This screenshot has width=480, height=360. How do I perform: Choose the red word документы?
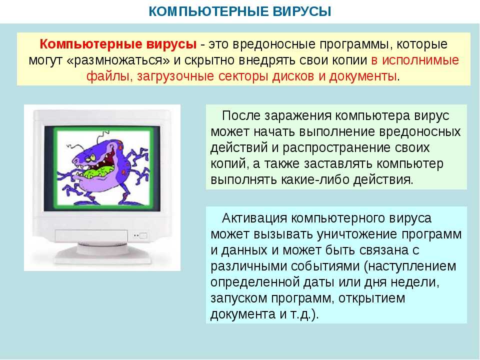click(x=363, y=76)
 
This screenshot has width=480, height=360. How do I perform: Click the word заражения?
click(x=297, y=116)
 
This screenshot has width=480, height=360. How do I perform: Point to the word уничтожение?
click(x=357, y=234)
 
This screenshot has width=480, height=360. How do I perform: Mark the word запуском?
click(x=239, y=298)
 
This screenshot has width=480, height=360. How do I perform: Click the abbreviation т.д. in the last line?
click(x=301, y=314)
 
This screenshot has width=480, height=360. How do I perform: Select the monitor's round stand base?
click(x=102, y=255)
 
